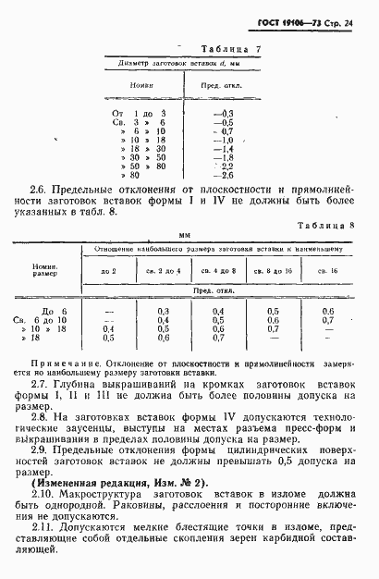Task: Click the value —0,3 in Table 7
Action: pyautogui.click(x=224, y=112)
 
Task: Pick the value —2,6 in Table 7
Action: pyautogui.click(x=224, y=174)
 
